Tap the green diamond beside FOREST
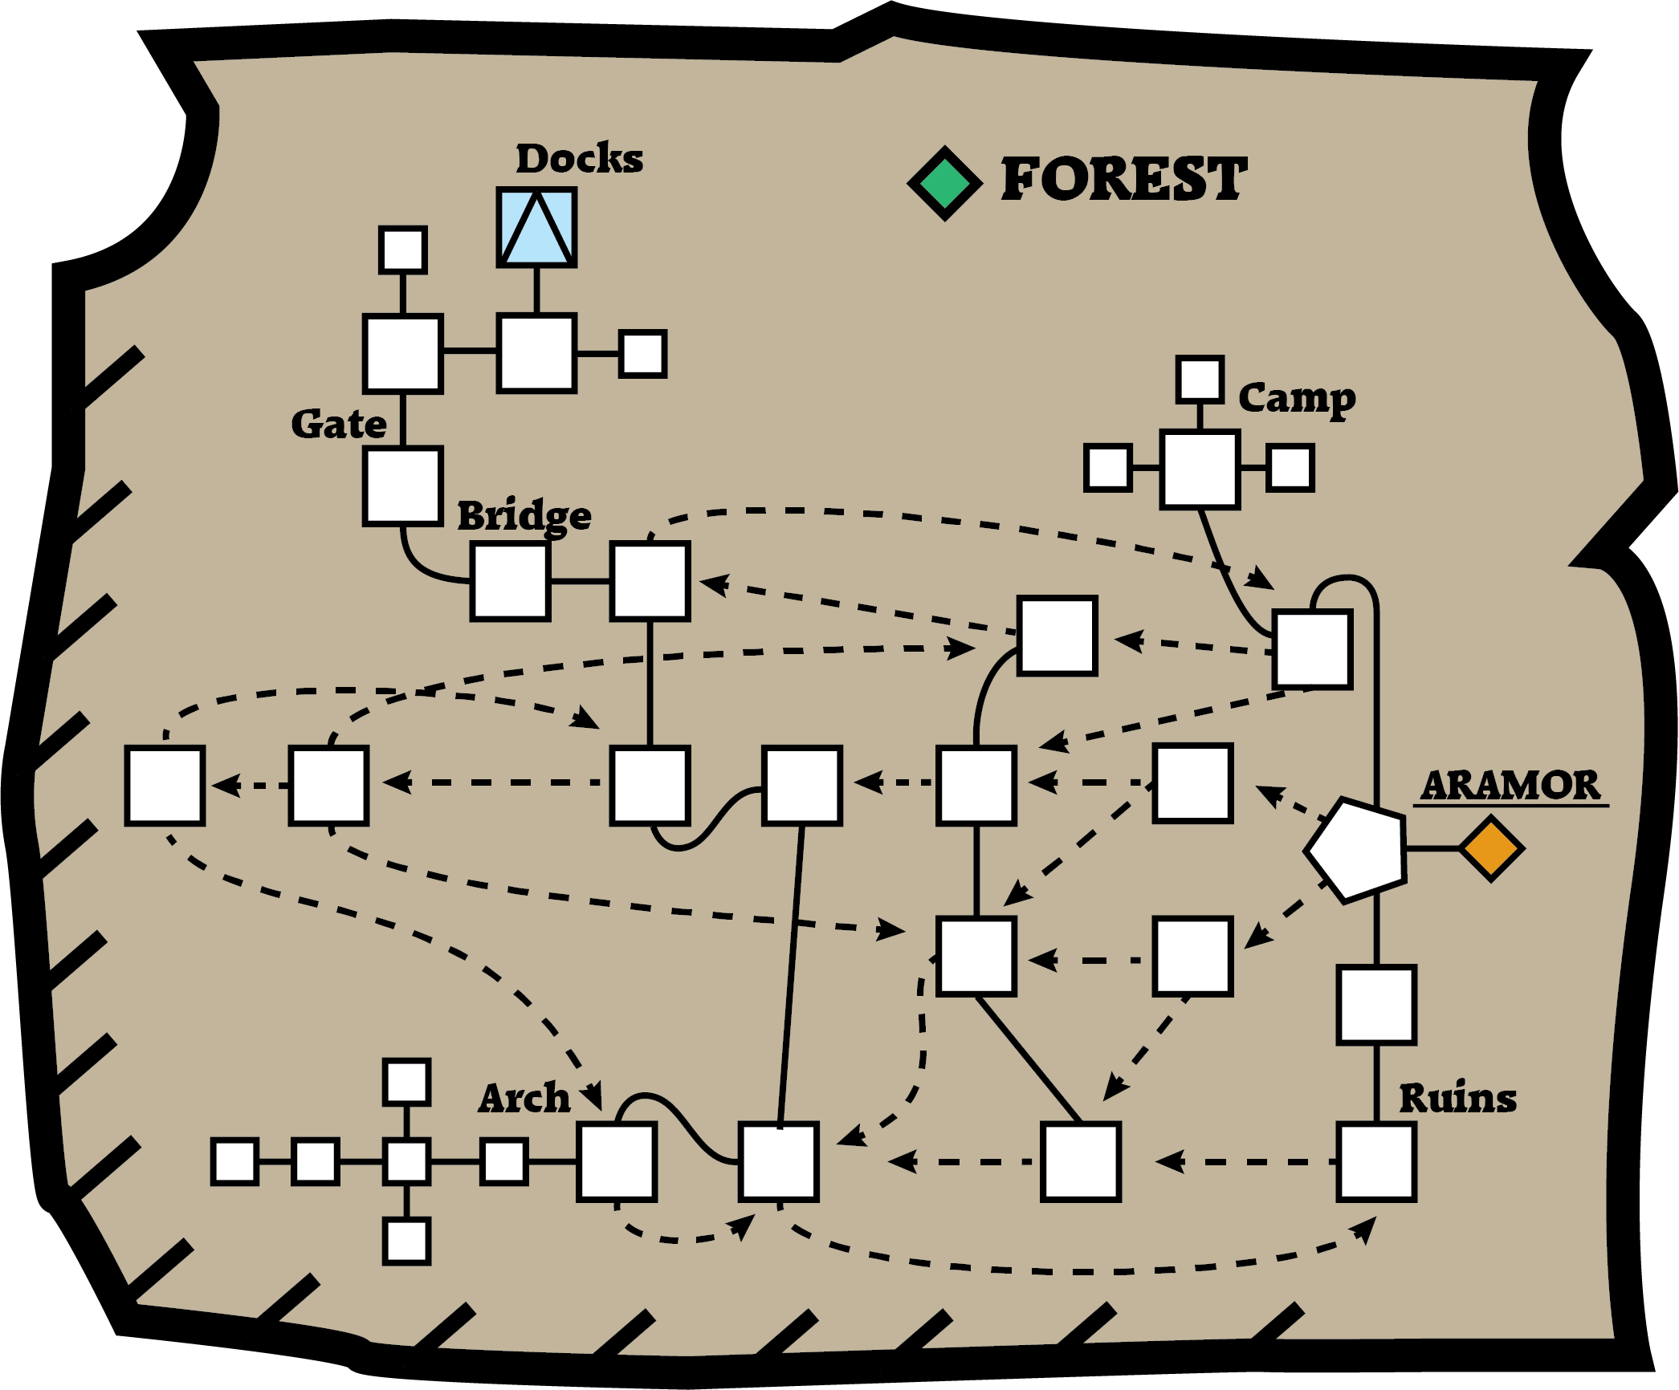945,184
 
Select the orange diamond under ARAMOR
1491,848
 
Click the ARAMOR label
1510,785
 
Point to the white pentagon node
1356,849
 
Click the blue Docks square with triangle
536,228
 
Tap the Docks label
579,158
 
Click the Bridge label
524,516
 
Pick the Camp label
1297,399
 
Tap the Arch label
524,1098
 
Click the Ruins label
1457,1098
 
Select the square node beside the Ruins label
1376,1162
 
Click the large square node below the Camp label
1200,469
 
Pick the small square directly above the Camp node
1200,380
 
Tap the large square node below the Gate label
402,486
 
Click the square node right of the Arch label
617,1162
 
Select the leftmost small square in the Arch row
234,1161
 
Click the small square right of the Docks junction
642,354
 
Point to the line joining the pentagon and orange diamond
1432,848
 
